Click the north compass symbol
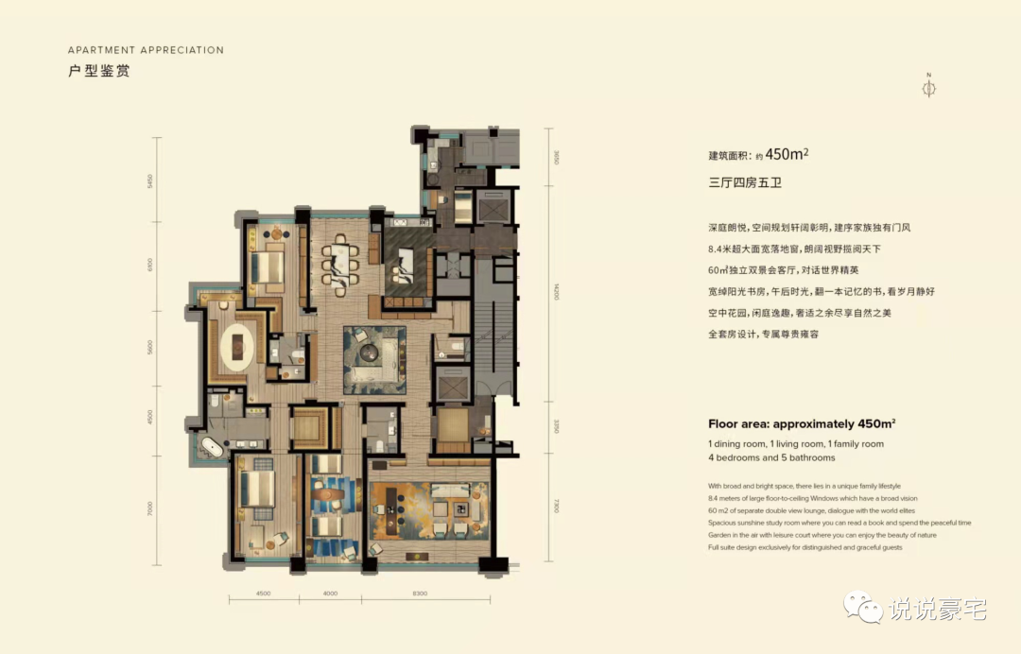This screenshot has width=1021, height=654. (x=928, y=88)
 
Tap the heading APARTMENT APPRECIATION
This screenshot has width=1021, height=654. (x=146, y=50)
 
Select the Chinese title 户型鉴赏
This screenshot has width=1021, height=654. (x=98, y=72)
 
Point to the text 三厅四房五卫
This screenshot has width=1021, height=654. (x=745, y=183)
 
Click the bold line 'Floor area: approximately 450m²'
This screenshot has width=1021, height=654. (x=802, y=424)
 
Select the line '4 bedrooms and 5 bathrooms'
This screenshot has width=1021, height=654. (x=771, y=457)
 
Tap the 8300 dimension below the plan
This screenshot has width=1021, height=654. (x=420, y=594)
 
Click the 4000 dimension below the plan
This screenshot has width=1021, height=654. (x=330, y=594)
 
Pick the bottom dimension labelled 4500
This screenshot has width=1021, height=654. (x=264, y=594)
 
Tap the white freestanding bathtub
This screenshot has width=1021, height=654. (x=212, y=449)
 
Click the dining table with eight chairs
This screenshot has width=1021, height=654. (x=338, y=260)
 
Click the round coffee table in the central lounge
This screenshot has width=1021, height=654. (x=367, y=351)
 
